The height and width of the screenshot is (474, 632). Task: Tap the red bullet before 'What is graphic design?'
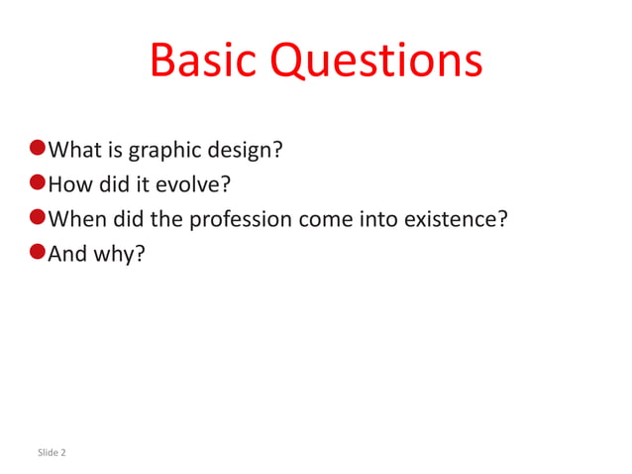pyautogui.click(x=38, y=149)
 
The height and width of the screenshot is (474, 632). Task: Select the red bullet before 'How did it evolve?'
pyautogui.click(x=38, y=182)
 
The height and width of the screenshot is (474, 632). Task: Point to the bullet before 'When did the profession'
pyautogui.click(x=38, y=217)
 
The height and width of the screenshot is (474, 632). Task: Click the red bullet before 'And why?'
pyautogui.click(x=38, y=251)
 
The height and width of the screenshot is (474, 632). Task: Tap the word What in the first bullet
pyautogui.click(x=72, y=151)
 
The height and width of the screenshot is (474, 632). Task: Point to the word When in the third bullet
pyautogui.click(x=75, y=219)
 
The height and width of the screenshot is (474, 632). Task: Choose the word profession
pyautogui.click(x=241, y=219)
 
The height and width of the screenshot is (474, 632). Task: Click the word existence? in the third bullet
pyautogui.click(x=456, y=219)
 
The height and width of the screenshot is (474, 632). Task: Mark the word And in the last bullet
pyautogui.click(x=67, y=253)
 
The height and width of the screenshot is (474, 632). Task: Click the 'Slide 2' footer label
pyautogui.click(x=52, y=453)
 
